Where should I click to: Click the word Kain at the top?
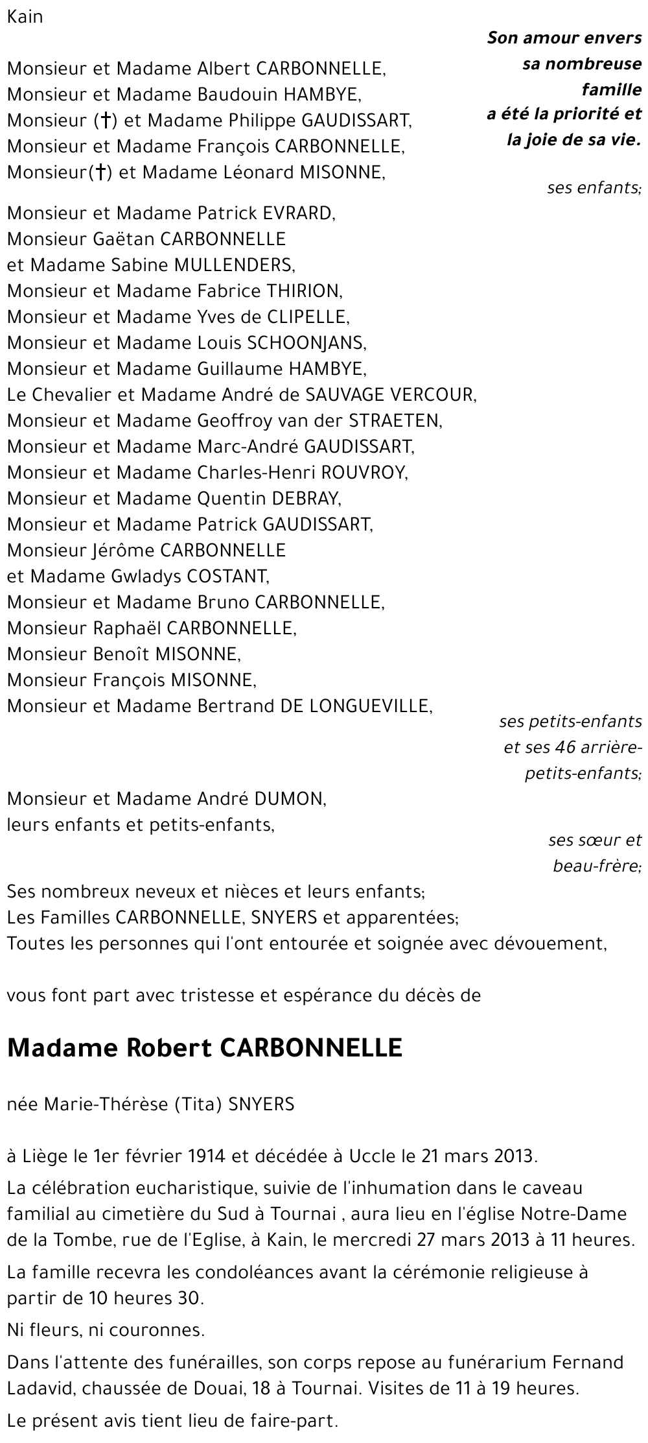point(25,18)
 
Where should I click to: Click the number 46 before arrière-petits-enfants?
point(566,748)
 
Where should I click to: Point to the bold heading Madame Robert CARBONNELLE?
point(205,1049)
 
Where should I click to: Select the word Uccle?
point(373,1156)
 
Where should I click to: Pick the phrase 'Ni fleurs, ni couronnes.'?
point(106,1330)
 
